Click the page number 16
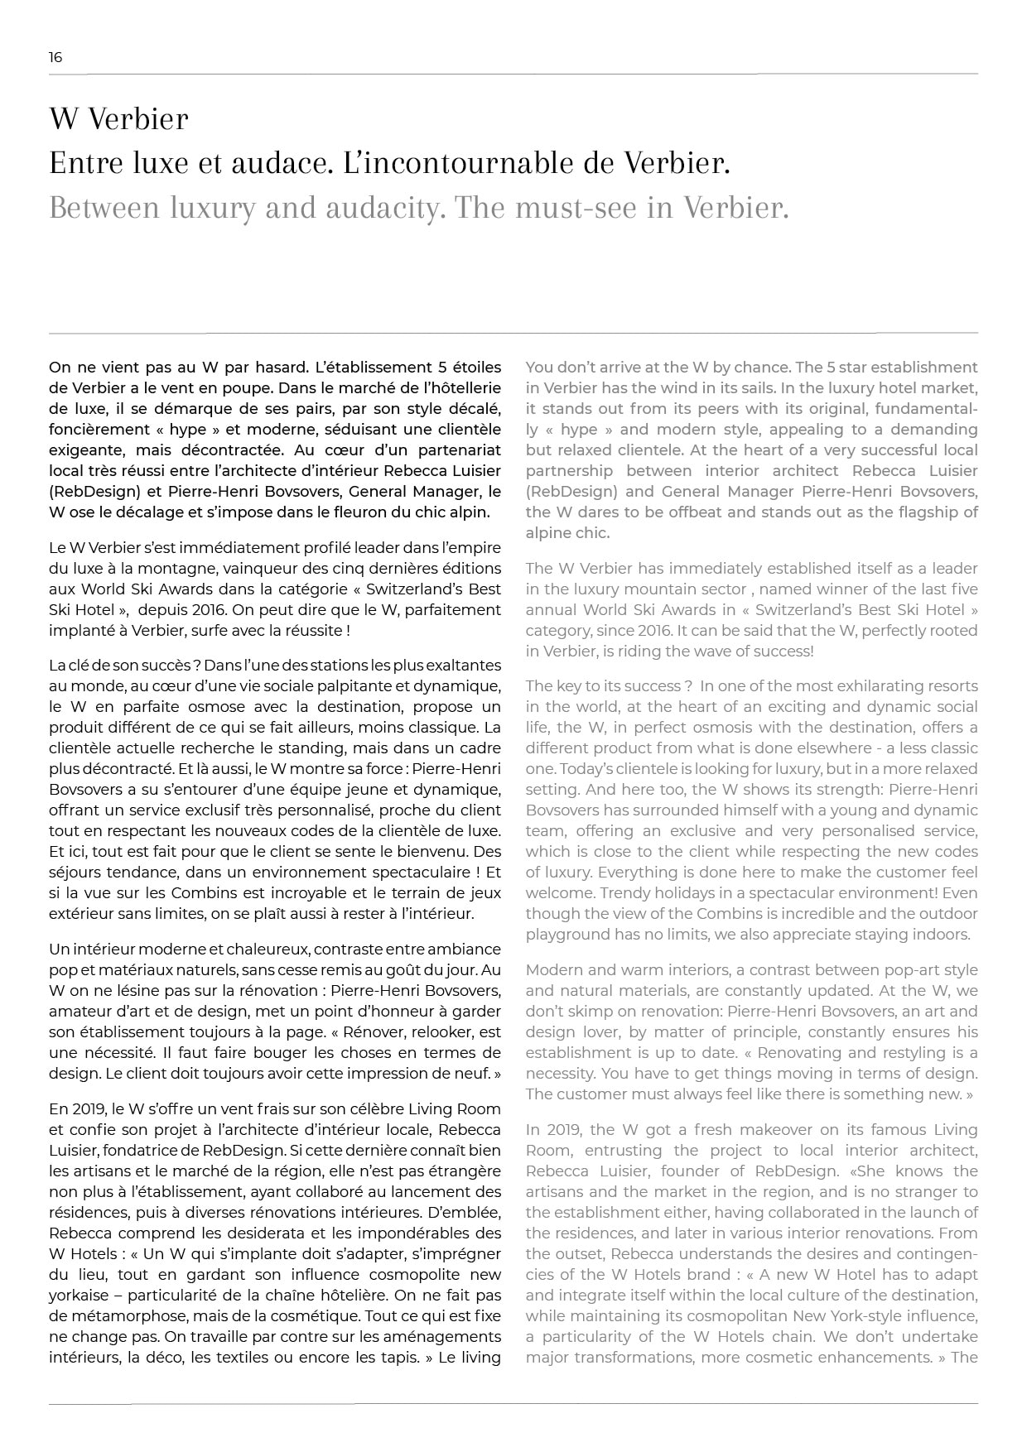(55, 57)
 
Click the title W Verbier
(118, 119)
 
